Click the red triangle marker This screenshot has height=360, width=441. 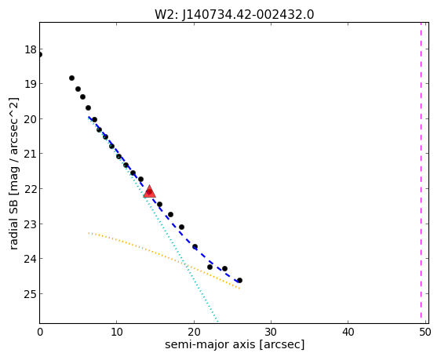tap(149, 191)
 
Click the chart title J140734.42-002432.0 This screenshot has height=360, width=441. tap(248, 15)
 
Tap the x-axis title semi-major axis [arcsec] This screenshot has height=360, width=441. tap(235, 344)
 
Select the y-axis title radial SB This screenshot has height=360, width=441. tap(14, 224)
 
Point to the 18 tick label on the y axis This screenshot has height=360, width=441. tap(31, 49)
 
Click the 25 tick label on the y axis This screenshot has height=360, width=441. tap(31, 294)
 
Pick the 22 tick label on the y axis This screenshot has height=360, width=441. tap(31, 189)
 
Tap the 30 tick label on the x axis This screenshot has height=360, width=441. tap(271, 333)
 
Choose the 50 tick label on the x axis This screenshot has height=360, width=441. tap(425, 333)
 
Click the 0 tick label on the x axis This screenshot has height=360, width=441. tap(40, 333)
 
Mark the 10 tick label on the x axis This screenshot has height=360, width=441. tap(117, 333)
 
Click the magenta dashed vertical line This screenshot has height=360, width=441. tap(421, 170)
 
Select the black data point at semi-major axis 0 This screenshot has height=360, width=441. tap(40, 55)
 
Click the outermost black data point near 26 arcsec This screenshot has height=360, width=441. tap(239, 280)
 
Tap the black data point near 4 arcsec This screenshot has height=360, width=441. tap(71, 78)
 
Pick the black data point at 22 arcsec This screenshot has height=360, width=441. tap(210, 267)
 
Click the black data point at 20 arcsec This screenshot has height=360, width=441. tap(195, 247)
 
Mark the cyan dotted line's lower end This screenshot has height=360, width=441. tap(218, 322)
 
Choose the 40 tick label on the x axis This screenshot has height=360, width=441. tap(348, 333)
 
